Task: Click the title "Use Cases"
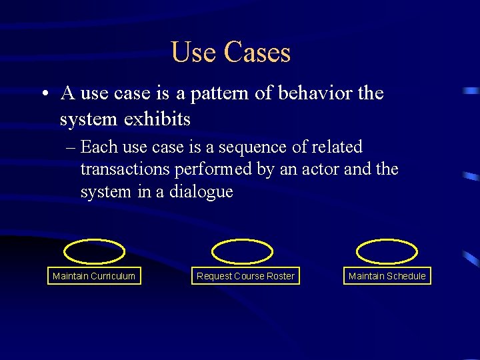(x=231, y=52)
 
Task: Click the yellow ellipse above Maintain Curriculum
(x=94, y=252)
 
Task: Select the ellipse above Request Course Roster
(x=242, y=252)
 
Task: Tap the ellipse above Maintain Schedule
(x=387, y=252)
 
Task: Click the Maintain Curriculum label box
(x=94, y=276)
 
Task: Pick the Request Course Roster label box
(x=245, y=276)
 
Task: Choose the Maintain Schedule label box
(x=387, y=276)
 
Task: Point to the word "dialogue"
(x=201, y=192)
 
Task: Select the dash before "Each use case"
(x=71, y=147)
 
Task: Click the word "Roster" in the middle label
(x=280, y=276)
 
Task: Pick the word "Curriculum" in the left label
(x=113, y=276)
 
